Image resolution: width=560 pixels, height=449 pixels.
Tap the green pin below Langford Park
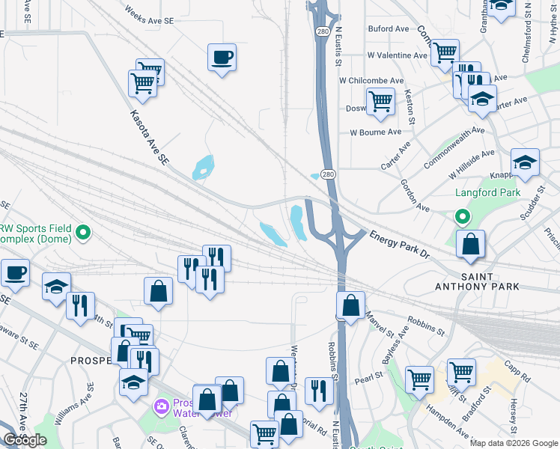point(463,217)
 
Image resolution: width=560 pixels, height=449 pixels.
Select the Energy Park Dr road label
point(399,245)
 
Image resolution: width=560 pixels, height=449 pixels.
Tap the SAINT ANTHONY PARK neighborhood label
point(478,281)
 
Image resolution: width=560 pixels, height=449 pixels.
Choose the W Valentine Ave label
point(397,55)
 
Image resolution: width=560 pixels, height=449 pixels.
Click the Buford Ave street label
point(389,29)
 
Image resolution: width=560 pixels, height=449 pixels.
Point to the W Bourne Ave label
point(376,132)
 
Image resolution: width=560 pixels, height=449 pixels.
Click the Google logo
point(25,440)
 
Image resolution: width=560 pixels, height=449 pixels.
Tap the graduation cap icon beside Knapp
point(525,162)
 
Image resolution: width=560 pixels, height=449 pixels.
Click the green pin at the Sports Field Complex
point(84,233)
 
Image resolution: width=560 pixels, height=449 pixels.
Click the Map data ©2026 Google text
point(514,443)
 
